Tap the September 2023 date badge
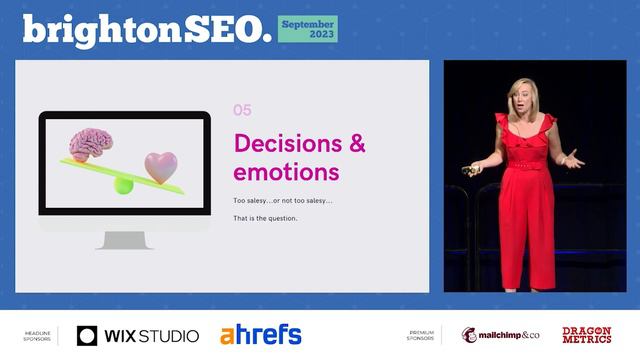(x=307, y=28)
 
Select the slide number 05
(x=242, y=111)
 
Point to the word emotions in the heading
(x=287, y=172)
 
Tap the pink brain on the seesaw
(x=90, y=144)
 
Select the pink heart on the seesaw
(x=160, y=167)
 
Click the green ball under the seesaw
(x=123, y=185)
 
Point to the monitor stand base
(x=124, y=241)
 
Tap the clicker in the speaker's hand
(x=468, y=170)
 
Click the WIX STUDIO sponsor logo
(x=138, y=336)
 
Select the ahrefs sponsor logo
(x=260, y=335)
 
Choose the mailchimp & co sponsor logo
(x=500, y=336)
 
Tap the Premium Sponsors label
(x=421, y=336)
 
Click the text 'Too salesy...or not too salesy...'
(x=283, y=201)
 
